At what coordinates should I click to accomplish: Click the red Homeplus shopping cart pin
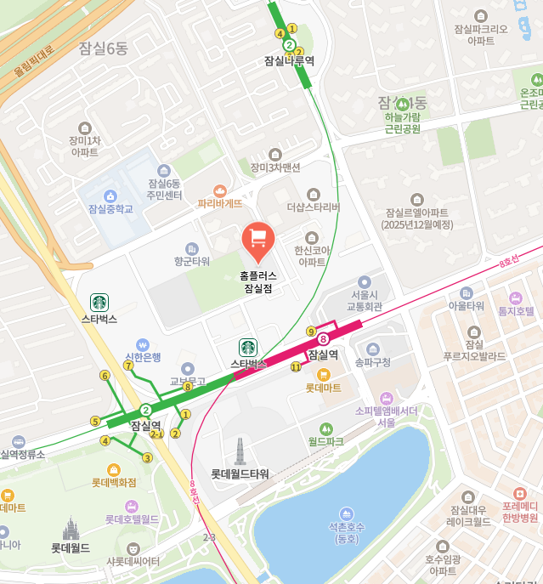pyautogui.click(x=257, y=241)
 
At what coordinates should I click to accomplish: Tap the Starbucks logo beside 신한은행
pyautogui.click(x=99, y=302)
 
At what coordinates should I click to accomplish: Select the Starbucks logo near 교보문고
pyautogui.click(x=247, y=347)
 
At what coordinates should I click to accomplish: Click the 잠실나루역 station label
pyautogui.click(x=289, y=61)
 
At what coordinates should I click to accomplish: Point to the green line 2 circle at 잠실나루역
pyautogui.click(x=289, y=45)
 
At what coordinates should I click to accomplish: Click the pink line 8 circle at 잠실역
pyautogui.click(x=323, y=339)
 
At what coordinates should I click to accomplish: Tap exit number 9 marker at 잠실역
pyautogui.click(x=311, y=331)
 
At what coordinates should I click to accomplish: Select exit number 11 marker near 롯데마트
pyautogui.click(x=296, y=367)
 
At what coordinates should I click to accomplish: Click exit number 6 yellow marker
pyautogui.click(x=105, y=375)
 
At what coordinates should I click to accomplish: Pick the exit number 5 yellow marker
pyautogui.click(x=95, y=421)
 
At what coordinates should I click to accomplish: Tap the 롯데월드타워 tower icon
pyautogui.click(x=240, y=451)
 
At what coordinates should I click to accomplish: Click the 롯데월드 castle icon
pyautogui.click(x=71, y=530)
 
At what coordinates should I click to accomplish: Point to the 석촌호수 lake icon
pyautogui.click(x=346, y=513)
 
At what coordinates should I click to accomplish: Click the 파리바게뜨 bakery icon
pyautogui.click(x=220, y=190)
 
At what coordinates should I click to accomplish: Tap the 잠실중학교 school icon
pyautogui.click(x=111, y=196)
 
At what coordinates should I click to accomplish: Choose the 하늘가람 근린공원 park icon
pyautogui.click(x=403, y=104)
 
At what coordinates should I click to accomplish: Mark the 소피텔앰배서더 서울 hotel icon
pyautogui.click(x=387, y=397)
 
